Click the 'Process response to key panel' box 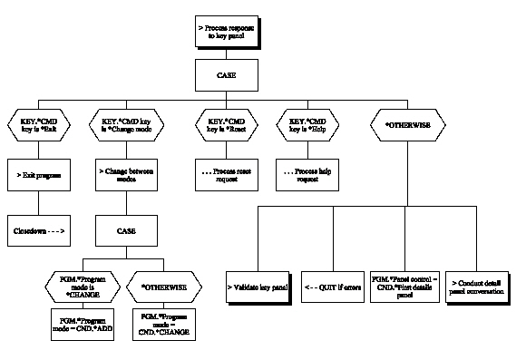pos(228,33)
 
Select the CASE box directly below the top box pos(228,75)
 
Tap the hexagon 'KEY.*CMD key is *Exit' pos(41,125)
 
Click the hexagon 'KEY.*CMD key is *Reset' pos(228,125)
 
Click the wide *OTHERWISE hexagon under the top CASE pos(404,125)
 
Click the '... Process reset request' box pos(228,175)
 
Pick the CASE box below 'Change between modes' pos(126,230)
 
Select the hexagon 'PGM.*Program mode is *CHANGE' pos(83,287)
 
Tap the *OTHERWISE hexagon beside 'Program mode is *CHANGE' pos(164,287)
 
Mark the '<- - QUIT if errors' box pos(332,287)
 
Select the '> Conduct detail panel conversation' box pos(480,287)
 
